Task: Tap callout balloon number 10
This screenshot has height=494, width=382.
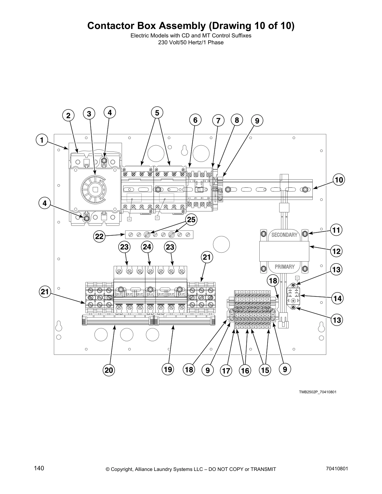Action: pyautogui.click(x=339, y=180)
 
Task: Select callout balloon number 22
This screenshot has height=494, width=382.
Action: pyautogui.click(x=99, y=236)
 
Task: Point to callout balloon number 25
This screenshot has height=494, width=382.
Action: pyautogui.click(x=191, y=220)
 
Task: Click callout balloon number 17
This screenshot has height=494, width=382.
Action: pyautogui.click(x=226, y=371)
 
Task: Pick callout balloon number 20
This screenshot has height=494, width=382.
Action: pyautogui.click(x=109, y=370)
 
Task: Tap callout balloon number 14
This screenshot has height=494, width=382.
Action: pyautogui.click(x=337, y=298)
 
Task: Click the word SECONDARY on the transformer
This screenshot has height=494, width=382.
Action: pyautogui.click(x=284, y=235)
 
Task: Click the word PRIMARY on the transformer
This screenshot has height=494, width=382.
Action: pyautogui.click(x=284, y=267)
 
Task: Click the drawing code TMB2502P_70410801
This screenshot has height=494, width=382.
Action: pyautogui.click(x=317, y=392)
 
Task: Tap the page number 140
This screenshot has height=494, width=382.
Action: pyautogui.click(x=39, y=468)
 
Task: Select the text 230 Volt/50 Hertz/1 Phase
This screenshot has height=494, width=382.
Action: pyautogui.click(x=191, y=42)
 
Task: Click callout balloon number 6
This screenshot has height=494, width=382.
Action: pyautogui.click(x=195, y=120)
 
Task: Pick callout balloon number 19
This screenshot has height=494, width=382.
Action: pyautogui.click(x=168, y=370)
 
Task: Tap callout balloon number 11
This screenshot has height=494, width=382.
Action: pyautogui.click(x=336, y=230)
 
